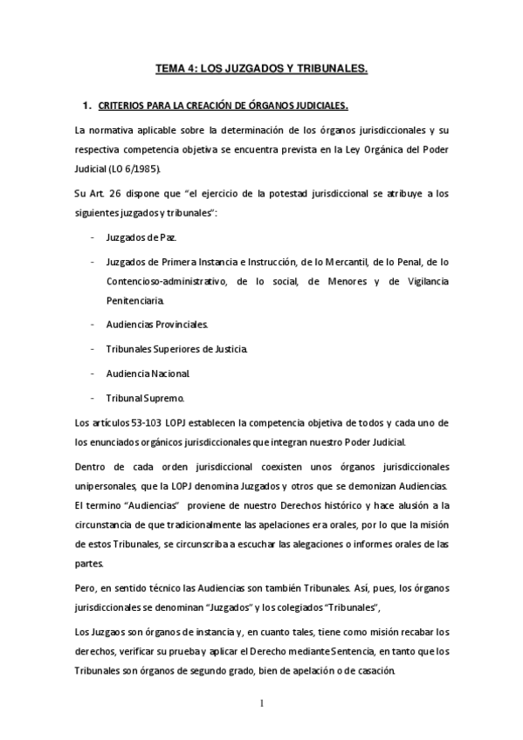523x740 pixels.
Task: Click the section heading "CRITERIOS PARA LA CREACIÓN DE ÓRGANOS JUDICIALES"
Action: point(224,106)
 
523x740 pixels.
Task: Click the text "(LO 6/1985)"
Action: point(138,168)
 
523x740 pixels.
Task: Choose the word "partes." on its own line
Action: point(90,563)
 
